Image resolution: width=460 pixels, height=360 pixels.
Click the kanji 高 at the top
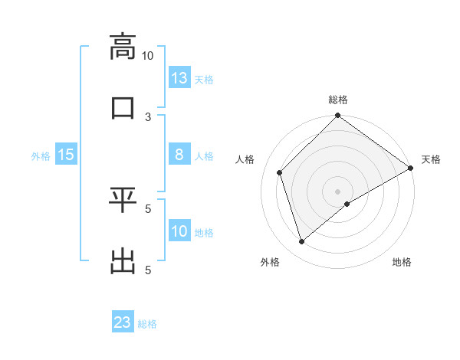(x=123, y=47)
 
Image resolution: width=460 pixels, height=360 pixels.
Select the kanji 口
(x=123, y=107)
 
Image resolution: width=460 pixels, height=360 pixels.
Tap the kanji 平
(x=123, y=201)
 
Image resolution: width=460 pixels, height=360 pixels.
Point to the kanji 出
(x=123, y=261)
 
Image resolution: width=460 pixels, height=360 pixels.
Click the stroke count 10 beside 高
(x=148, y=56)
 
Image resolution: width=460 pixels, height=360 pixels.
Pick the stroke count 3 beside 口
(x=148, y=116)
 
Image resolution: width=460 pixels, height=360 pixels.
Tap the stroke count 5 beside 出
(x=149, y=270)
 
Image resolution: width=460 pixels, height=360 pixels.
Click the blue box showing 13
(x=179, y=78)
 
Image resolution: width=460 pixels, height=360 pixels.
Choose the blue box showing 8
(x=179, y=155)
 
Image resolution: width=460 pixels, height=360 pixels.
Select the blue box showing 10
(x=179, y=231)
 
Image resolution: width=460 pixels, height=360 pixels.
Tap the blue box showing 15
(x=66, y=155)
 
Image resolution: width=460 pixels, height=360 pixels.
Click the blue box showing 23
(x=123, y=322)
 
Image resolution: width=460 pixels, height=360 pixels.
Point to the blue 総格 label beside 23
(x=147, y=324)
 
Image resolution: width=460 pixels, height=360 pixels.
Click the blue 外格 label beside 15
(x=41, y=156)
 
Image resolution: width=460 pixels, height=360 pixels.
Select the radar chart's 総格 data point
(x=337, y=116)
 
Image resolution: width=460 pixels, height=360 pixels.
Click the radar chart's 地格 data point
(x=347, y=204)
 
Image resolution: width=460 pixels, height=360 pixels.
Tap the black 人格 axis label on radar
(x=245, y=159)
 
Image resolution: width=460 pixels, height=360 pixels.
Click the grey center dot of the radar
(x=337, y=191)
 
